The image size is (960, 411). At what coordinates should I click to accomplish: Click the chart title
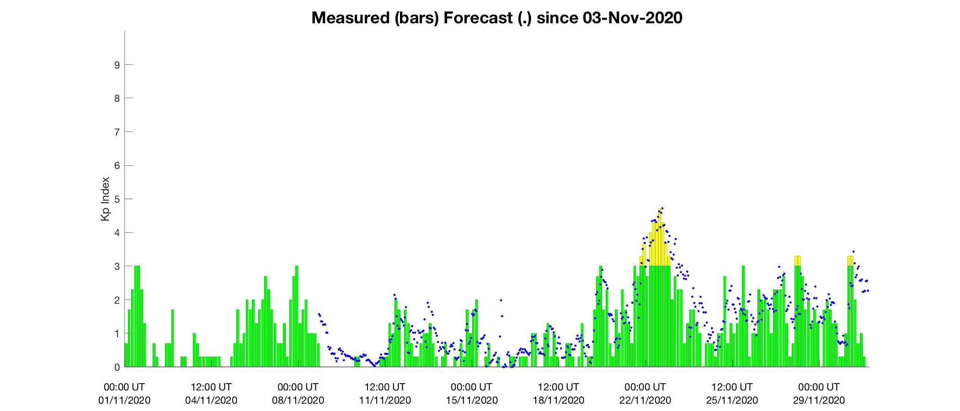tap(496, 18)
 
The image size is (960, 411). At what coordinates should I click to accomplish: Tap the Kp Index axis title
tap(106, 199)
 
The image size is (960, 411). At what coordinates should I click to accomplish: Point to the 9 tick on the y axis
tap(117, 65)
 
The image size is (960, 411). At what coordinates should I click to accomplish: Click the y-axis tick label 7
tap(117, 132)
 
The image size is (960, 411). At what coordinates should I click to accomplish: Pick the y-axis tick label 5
tap(117, 199)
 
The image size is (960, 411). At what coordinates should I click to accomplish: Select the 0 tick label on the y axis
tap(117, 367)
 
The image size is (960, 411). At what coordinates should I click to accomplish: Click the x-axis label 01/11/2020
tap(124, 400)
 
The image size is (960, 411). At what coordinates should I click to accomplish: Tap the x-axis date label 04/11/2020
tap(211, 400)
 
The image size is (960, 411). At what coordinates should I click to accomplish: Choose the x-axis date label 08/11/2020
tap(298, 400)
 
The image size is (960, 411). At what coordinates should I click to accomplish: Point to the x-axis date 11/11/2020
tap(385, 400)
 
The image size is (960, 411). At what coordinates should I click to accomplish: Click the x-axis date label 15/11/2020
tap(472, 400)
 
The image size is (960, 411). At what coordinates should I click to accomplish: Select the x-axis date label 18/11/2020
tap(558, 400)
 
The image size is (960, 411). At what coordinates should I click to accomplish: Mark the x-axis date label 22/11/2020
tap(645, 400)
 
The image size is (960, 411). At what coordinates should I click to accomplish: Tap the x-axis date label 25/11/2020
tap(732, 400)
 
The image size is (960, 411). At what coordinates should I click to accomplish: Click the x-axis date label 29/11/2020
tap(819, 400)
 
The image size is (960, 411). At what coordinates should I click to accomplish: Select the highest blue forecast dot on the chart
tap(662, 208)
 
